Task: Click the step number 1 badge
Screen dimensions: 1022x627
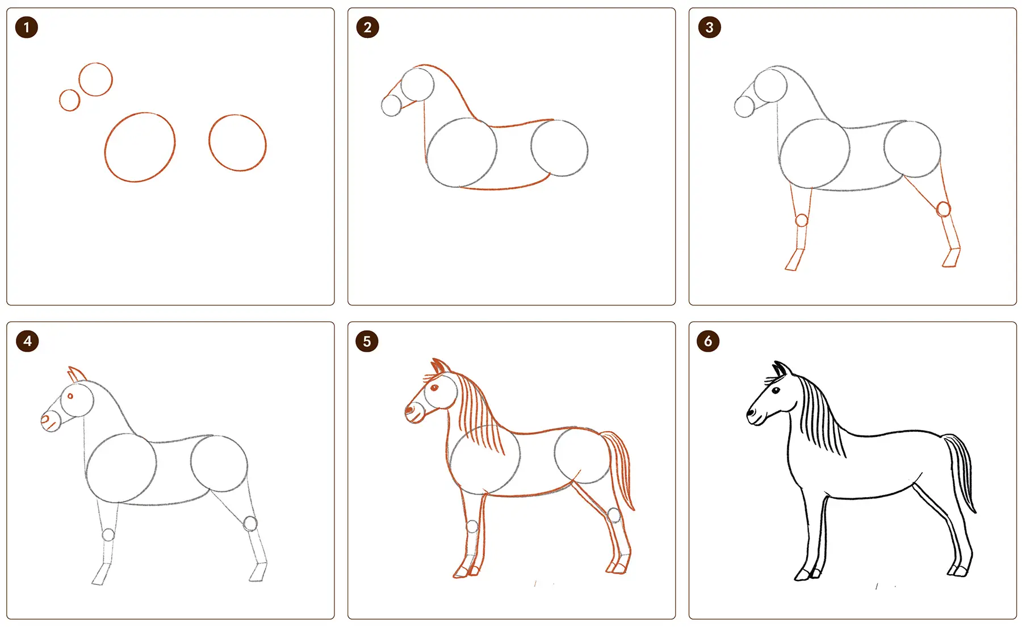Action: coord(27,27)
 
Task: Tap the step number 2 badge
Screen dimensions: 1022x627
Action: coord(367,27)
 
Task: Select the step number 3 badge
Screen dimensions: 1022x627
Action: coord(709,27)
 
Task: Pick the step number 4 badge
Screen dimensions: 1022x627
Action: coord(27,341)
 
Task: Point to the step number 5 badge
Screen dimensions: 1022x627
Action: coord(367,341)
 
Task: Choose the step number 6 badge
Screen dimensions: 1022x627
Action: coord(708,341)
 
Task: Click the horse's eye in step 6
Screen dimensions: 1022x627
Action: coord(776,390)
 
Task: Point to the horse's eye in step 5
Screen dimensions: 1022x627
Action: coord(434,388)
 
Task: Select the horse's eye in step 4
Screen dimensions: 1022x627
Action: coord(70,396)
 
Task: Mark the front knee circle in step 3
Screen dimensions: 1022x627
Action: coord(802,220)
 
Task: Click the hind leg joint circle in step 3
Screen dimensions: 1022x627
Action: coord(944,209)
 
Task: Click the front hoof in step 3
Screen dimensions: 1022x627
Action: coord(794,260)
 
